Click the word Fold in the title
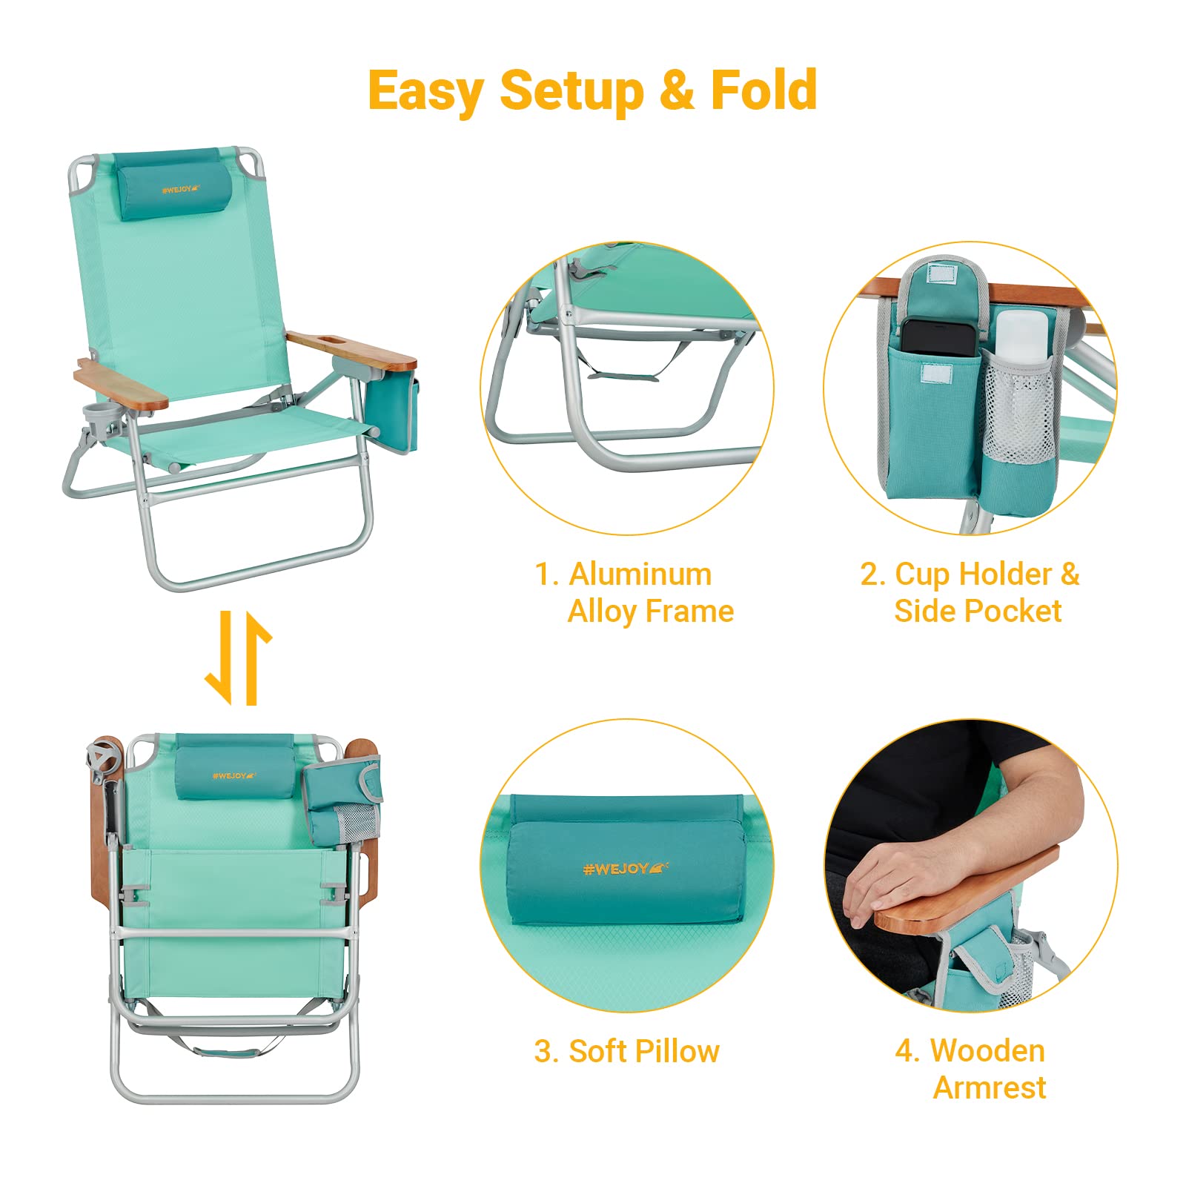tap(763, 90)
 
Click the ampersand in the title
tap(675, 90)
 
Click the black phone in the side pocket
tap(938, 337)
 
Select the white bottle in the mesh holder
tap(1022, 335)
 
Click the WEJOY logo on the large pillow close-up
tap(625, 868)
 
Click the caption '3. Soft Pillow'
tap(626, 1051)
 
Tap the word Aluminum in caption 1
tap(640, 574)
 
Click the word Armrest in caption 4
tap(990, 1088)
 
